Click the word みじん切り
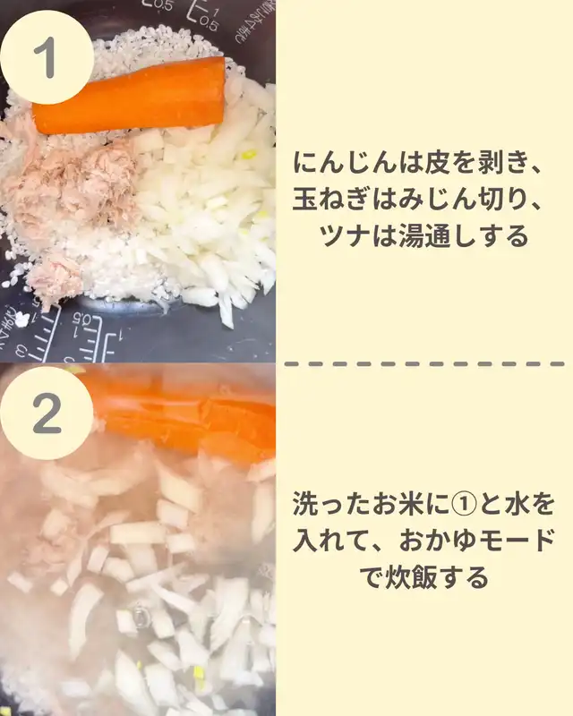click(x=462, y=199)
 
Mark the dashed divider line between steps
click(x=424, y=364)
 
